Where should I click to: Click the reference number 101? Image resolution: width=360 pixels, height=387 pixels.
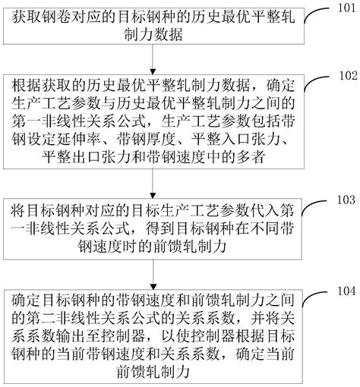click(346, 8)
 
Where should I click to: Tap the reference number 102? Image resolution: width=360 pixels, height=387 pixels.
click(348, 76)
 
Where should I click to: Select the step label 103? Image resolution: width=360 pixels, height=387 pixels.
click(346, 200)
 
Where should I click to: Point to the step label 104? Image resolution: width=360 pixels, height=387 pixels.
click(346, 291)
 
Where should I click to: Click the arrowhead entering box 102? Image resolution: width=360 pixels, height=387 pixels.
click(153, 71)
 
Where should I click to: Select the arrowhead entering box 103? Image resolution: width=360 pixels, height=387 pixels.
click(153, 196)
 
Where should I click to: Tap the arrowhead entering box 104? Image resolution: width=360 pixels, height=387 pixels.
click(153, 287)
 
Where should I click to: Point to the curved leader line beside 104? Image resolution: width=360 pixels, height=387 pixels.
click(314, 296)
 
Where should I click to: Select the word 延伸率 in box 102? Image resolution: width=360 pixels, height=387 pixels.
click(79, 140)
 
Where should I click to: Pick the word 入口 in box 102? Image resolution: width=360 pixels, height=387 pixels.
click(236, 140)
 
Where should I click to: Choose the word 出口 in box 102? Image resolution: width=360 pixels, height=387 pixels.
click(86, 157)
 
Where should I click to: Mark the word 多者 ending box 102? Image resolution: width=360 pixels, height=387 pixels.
click(251, 157)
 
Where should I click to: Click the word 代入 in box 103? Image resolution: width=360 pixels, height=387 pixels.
click(265, 211)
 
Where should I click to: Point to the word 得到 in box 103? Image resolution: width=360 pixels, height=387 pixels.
click(160, 229)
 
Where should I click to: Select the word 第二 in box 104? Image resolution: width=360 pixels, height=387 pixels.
click(41, 318)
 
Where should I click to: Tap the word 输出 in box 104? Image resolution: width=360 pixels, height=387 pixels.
click(71, 336)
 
